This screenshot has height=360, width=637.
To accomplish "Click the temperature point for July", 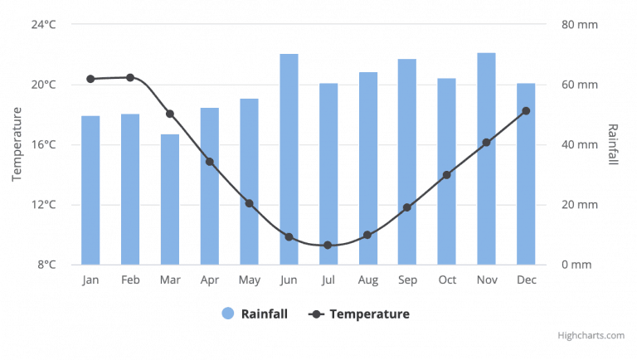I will pos(328,246).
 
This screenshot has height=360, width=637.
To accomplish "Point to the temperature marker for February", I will pos(130,77).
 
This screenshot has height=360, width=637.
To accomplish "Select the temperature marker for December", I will pos(526,110).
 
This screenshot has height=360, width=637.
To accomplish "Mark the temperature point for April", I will pos(210,162).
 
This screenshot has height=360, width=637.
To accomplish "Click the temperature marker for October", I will pos(447,175).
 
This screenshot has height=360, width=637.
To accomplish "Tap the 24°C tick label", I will pos(43,24).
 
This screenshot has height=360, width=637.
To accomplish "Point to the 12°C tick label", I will pos(43,205).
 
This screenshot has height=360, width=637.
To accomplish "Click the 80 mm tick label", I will pos(580,24).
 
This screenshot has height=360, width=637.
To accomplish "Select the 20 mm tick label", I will pos(580,205).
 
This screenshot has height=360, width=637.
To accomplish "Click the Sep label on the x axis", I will pos(407,280).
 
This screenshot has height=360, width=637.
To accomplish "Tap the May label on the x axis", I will pos(249,280).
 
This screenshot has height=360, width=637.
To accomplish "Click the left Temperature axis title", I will pos(17,144).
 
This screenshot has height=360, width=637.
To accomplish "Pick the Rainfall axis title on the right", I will pos(613,144).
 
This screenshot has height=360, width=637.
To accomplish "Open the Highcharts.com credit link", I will pos(591,336).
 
